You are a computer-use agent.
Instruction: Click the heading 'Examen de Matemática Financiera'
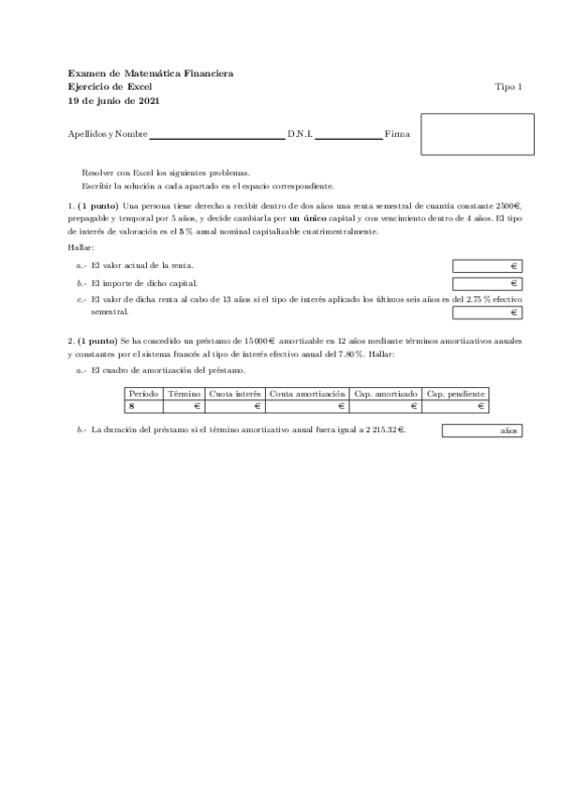(151, 73)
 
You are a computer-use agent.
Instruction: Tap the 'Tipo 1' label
(508, 86)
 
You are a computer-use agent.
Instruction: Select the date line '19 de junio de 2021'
(111, 100)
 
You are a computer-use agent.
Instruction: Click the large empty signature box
(477, 134)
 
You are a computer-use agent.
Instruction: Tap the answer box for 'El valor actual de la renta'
(487, 266)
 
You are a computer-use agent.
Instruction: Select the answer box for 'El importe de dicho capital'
(487, 283)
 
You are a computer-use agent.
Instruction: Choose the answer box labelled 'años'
(481, 431)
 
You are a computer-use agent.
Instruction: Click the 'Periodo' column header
(143, 394)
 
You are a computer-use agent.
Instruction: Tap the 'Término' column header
(185, 394)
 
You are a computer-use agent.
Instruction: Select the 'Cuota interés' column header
(235, 394)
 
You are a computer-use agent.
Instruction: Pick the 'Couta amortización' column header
(308, 394)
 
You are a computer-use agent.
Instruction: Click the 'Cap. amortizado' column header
(386, 394)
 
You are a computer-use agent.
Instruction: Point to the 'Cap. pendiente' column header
(455, 394)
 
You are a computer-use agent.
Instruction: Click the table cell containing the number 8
(143, 407)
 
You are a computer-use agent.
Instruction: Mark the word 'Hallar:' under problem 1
(81, 247)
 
